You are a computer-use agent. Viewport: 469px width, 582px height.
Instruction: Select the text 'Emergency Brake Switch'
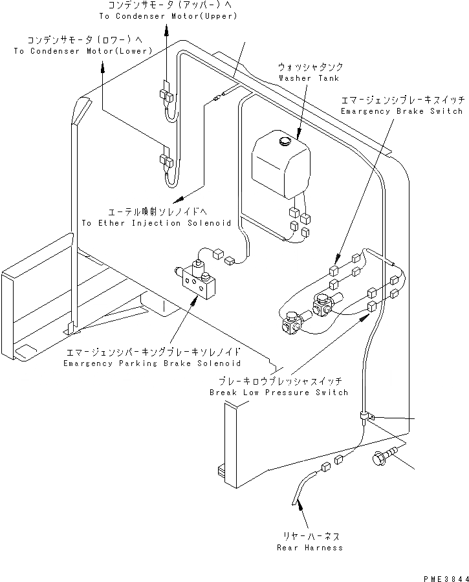click(401, 111)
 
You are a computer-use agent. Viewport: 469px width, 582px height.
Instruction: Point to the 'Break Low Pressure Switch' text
click(278, 393)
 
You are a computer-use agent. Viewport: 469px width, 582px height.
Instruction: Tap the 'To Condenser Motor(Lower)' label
click(83, 50)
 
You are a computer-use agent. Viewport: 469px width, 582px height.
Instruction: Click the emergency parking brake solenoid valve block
click(199, 279)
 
